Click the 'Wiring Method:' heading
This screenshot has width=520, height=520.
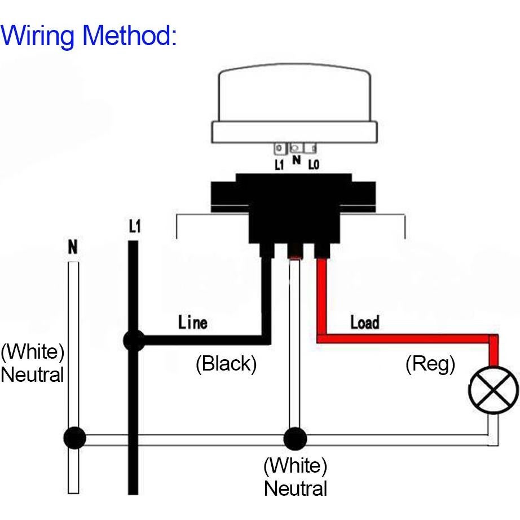coord(89,35)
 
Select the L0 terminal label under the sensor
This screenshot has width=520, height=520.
coord(313,165)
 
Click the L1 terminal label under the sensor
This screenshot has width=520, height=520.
coord(279,165)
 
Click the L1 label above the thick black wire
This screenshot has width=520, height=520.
coord(134,227)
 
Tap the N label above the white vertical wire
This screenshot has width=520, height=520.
coord(72,247)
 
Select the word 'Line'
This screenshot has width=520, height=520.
coord(193,323)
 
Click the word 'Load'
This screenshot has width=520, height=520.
coord(364,323)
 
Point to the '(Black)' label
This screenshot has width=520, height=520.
coord(226,364)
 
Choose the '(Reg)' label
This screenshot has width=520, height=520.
coord(430,364)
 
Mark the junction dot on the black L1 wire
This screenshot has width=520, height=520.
coord(134,340)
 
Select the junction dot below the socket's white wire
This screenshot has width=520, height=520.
coord(294,438)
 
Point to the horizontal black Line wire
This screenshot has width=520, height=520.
coord(203,340)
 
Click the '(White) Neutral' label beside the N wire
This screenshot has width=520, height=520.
coord(32,363)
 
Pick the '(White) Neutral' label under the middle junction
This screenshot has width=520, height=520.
coord(295,477)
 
